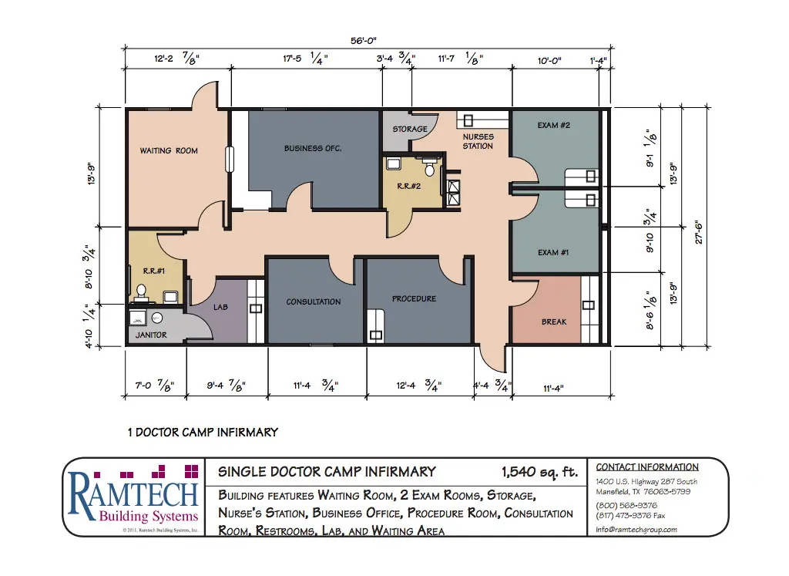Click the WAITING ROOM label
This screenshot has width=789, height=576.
click(169, 151)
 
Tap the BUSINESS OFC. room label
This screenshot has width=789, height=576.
click(313, 148)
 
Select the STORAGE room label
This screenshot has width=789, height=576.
click(409, 129)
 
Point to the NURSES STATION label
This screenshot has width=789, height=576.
click(478, 141)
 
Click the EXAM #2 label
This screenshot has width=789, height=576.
click(553, 125)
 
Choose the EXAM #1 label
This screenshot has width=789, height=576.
click(553, 253)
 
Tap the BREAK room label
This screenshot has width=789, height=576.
click(553, 322)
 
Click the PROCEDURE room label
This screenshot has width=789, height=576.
click(414, 298)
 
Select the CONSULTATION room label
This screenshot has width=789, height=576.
click(314, 301)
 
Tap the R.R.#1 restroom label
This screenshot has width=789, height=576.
click(151, 270)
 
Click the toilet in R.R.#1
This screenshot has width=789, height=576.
click(141, 291)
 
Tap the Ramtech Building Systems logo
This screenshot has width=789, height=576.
click(134, 497)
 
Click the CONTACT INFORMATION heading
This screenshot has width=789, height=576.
click(647, 467)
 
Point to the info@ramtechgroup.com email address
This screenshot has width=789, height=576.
click(636, 529)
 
